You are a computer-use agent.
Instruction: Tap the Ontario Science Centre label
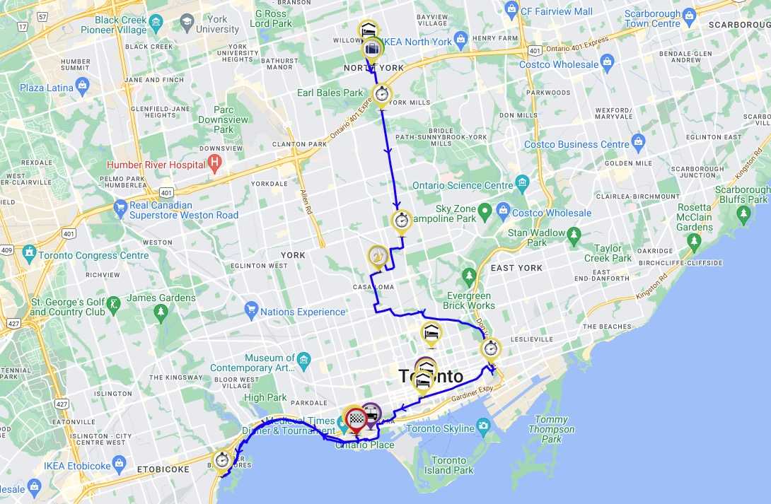click(462, 186)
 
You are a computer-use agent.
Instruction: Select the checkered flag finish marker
click(356, 419)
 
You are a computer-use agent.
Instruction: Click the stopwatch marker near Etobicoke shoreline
click(223, 460)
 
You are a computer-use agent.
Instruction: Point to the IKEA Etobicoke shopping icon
click(118, 464)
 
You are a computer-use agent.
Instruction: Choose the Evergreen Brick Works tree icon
click(468, 274)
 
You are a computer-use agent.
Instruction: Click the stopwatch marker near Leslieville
click(490, 348)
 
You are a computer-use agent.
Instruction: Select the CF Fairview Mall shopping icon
click(512, 8)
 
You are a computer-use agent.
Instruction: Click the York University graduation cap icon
click(187, 20)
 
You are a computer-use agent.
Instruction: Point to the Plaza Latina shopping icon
click(83, 86)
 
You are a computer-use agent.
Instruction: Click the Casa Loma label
click(373, 287)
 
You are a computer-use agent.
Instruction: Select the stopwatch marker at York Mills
click(382, 93)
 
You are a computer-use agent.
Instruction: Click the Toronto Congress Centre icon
click(29, 252)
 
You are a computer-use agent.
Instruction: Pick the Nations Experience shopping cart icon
click(251, 309)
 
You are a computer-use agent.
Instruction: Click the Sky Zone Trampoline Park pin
click(485, 211)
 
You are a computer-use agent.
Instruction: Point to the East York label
click(516, 268)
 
